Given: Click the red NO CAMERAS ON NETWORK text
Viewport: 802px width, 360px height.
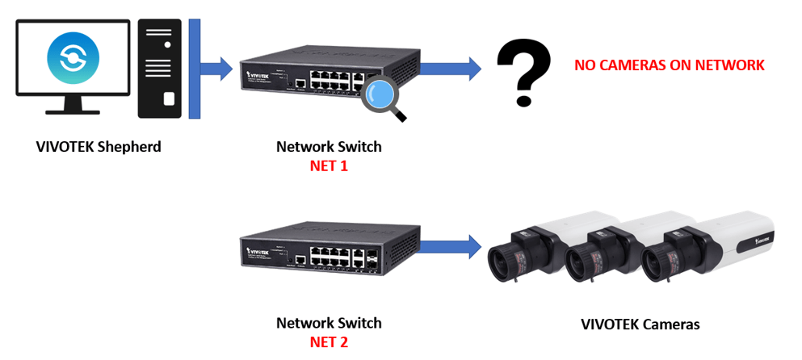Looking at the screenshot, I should tap(669, 65).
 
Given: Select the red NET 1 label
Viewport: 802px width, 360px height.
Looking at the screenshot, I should tap(329, 166).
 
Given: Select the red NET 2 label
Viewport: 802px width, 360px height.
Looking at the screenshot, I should tap(329, 342).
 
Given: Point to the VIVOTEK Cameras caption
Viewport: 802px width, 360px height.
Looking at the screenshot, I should tap(640, 324).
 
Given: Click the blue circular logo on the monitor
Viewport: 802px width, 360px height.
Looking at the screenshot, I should tap(73, 58).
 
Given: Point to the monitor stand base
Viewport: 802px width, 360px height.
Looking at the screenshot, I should tap(73, 111).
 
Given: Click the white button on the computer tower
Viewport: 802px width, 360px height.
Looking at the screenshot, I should tap(169, 99).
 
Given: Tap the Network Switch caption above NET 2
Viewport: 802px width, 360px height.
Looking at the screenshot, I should tap(329, 323).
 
